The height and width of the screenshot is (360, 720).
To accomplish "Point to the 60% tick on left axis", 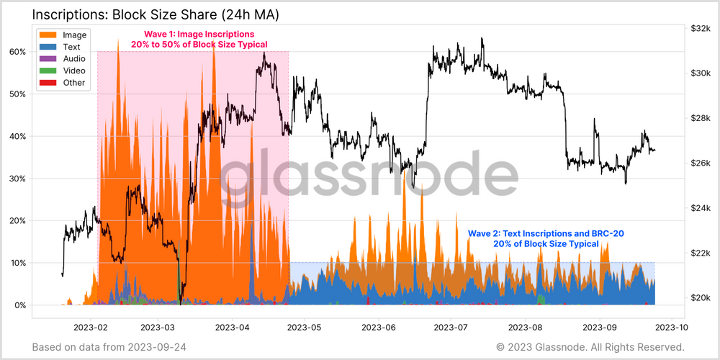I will coord(18,52).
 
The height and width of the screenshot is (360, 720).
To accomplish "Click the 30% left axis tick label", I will coord(18,179).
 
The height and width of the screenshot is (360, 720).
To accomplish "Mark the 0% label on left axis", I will coord(21,305).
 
